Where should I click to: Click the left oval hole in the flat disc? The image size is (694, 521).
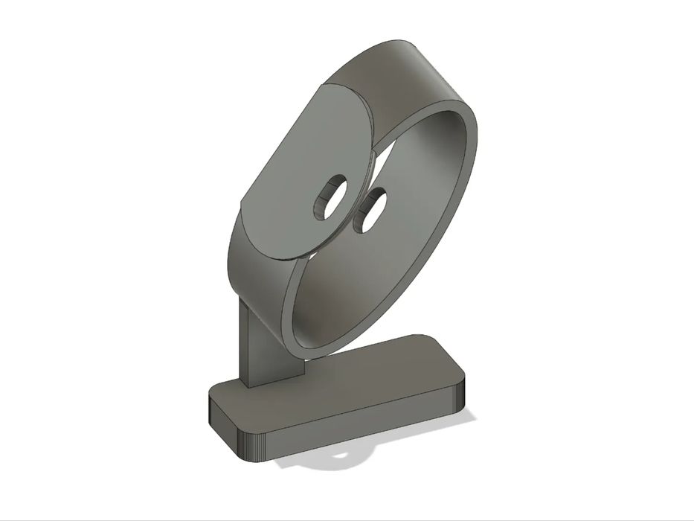(329, 196)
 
